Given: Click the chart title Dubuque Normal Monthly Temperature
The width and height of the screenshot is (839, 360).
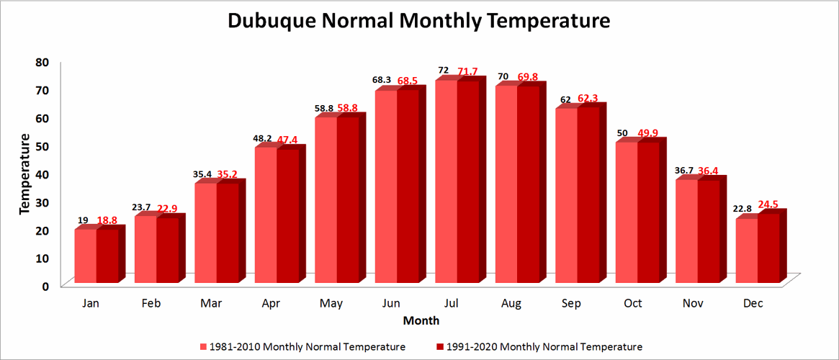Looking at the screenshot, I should click(419, 21).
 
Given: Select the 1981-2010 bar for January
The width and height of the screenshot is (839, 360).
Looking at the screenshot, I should click(86, 256).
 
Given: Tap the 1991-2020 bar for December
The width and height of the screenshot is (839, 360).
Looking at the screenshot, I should click(768, 248).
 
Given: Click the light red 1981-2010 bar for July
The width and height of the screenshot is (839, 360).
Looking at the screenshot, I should click(446, 180).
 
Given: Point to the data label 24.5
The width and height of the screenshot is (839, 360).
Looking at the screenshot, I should click(768, 204).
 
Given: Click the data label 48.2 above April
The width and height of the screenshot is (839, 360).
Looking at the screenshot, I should click(263, 138).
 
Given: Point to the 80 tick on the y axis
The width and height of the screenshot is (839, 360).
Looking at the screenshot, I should click(42, 62).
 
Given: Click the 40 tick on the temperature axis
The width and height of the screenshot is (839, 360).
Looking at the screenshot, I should click(42, 174).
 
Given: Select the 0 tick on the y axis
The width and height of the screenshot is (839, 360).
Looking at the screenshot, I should click(45, 286).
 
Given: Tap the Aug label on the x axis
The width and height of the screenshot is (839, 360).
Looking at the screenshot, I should click(512, 304).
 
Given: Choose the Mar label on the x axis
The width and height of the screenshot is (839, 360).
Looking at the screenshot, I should click(211, 304).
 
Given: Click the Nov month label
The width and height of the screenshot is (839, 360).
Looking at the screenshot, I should click(693, 304).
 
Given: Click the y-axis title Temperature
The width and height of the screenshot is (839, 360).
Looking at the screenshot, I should click(24, 173).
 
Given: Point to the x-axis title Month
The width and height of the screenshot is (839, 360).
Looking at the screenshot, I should click(421, 320).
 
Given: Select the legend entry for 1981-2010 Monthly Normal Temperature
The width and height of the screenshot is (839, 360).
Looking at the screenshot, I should click(302, 347).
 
